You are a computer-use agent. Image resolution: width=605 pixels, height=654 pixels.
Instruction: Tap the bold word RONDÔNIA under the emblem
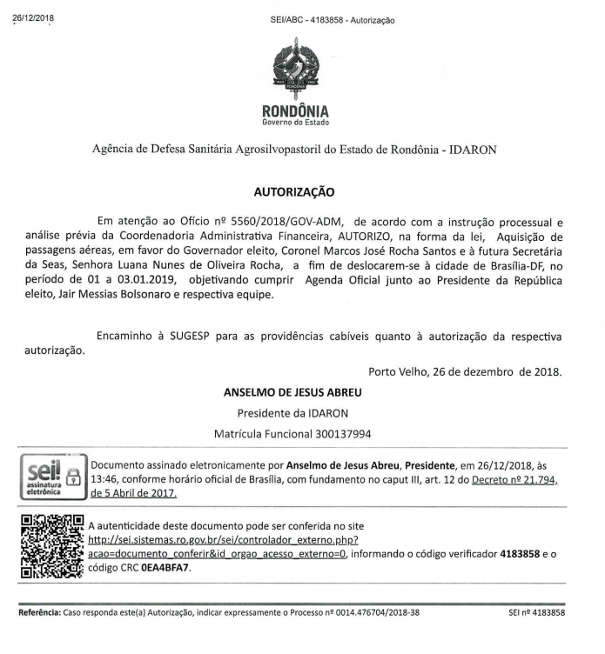pos(295,111)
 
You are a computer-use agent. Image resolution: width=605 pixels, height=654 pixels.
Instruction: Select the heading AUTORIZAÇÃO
pos(293,191)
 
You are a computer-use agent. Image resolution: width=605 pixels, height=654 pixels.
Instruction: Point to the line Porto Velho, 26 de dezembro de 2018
pos(465,372)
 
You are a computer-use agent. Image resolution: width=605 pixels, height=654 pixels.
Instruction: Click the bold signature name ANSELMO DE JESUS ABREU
pos(292,393)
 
